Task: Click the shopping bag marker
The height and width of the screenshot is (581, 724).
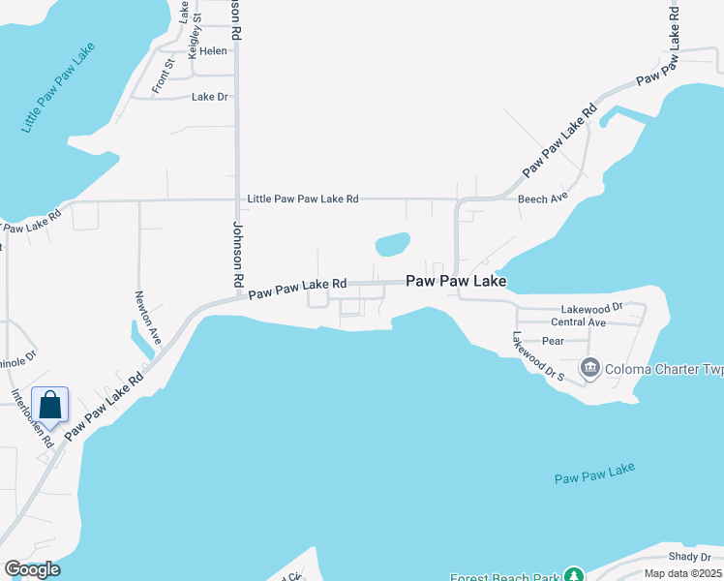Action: (50, 405)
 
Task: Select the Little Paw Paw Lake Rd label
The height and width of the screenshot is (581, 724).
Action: (303, 199)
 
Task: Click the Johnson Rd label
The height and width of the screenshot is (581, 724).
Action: (235, 253)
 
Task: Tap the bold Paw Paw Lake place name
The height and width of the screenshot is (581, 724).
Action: (456, 281)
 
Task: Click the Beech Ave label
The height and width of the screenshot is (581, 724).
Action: (541, 199)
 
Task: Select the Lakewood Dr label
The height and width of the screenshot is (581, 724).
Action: (613, 307)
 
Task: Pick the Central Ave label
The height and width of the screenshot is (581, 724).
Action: (578, 322)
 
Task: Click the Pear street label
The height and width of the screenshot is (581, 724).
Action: (553, 341)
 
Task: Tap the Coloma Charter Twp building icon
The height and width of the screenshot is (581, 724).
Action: (589, 368)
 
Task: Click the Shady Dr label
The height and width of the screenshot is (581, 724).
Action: (690, 557)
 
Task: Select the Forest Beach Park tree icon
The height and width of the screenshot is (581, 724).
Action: (574, 574)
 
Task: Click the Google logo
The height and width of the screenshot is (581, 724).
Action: (32, 569)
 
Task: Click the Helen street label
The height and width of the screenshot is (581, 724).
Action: (213, 50)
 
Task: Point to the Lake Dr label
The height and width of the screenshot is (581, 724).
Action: (209, 97)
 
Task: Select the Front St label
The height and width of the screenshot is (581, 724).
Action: (163, 76)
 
